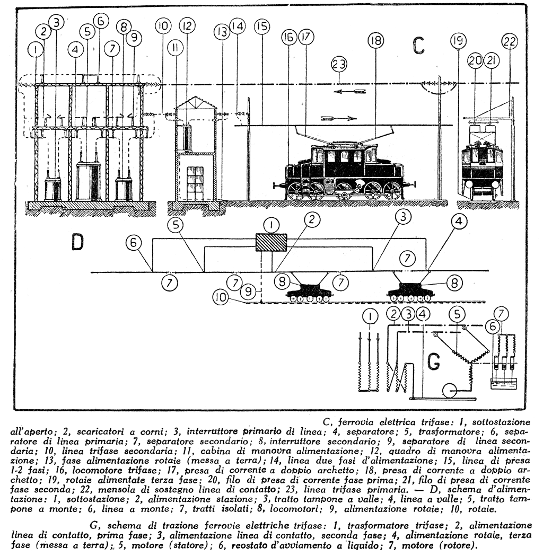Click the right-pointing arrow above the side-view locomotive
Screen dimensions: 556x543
[332, 118]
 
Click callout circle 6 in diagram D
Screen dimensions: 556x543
[134, 243]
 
